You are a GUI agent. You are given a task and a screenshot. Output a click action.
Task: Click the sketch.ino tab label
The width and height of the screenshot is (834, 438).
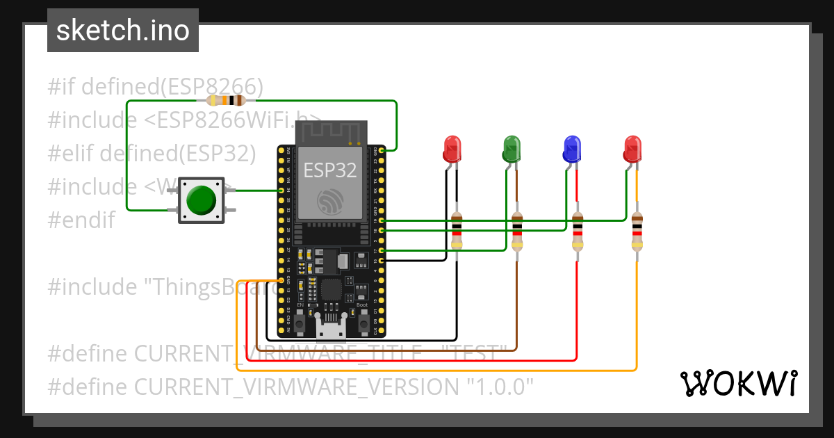(x=122, y=31)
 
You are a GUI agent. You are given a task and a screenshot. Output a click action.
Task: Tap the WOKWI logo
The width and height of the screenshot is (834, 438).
(x=738, y=383)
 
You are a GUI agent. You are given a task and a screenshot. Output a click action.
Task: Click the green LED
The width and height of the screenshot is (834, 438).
(x=512, y=148)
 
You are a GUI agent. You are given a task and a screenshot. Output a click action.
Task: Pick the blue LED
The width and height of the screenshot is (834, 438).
(x=571, y=148)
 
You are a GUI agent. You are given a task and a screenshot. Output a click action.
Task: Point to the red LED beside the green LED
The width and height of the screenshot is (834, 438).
(x=452, y=148)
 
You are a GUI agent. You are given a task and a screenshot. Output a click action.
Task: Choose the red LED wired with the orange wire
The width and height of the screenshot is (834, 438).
(x=632, y=148)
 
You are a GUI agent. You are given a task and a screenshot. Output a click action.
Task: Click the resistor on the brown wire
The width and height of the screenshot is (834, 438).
(x=517, y=232)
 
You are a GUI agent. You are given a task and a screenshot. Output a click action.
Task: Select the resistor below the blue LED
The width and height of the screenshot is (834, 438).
(x=578, y=232)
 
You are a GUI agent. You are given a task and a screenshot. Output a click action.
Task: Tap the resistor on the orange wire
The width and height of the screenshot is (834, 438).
(x=637, y=232)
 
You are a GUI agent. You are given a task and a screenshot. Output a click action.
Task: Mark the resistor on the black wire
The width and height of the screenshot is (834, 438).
(x=457, y=232)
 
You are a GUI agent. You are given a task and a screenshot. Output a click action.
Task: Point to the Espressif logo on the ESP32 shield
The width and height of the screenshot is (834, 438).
(x=330, y=201)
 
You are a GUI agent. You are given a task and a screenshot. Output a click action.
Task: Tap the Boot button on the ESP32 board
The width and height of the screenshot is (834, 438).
(x=363, y=323)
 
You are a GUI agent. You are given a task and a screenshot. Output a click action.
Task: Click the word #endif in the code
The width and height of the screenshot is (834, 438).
(x=81, y=220)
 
